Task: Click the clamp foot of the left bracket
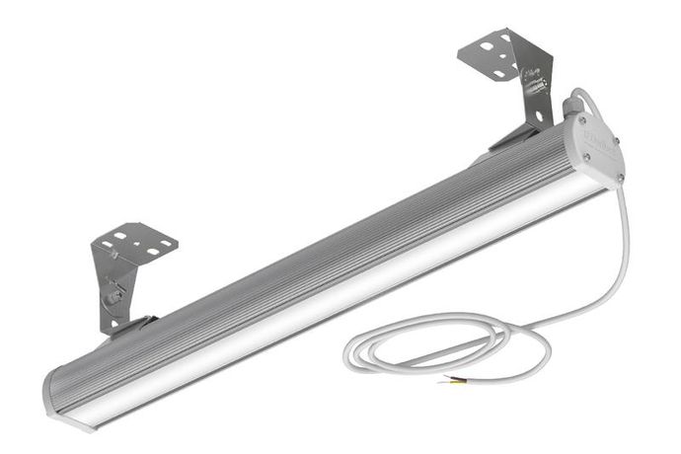(x=130, y=326)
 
